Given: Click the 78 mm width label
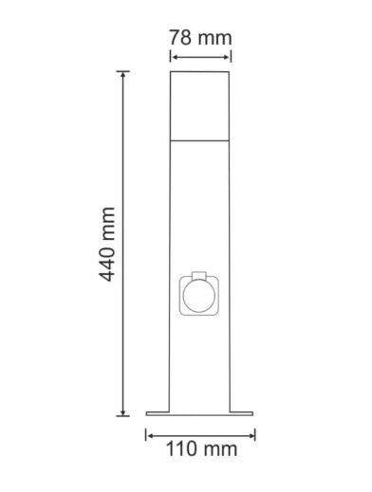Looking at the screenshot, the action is tap(200, 38).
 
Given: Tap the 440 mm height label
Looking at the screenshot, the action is tap(107, 245).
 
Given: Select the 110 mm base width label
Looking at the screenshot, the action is tap(201, 449).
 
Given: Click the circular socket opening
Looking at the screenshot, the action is tap(199, 295).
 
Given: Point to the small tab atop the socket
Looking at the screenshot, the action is tap(199, 275).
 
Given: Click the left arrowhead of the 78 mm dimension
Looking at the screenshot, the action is tap(174, 57).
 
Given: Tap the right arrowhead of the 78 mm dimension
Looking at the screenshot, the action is tap(226, 57).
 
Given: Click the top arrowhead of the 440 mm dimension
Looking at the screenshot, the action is tap(122, 75).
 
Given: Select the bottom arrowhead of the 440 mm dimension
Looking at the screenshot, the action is tap(122, 411).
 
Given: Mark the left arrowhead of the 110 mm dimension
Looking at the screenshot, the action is tap(150, 436).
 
